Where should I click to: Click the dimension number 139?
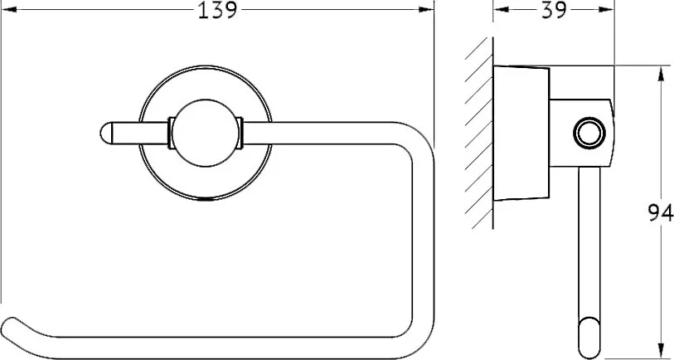click(x=217, y=10)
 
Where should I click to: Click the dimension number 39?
click(x=554, y=10)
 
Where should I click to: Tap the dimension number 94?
click(x=661, y=213)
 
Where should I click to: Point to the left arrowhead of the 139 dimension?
click(x=8, y=9)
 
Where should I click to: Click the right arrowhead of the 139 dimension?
click(x=426, y=9)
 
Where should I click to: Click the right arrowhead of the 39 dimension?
click(x=607, y=9)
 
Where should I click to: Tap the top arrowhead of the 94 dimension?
click(x=660, y=73)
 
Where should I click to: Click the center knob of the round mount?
click(x=206, y=133)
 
